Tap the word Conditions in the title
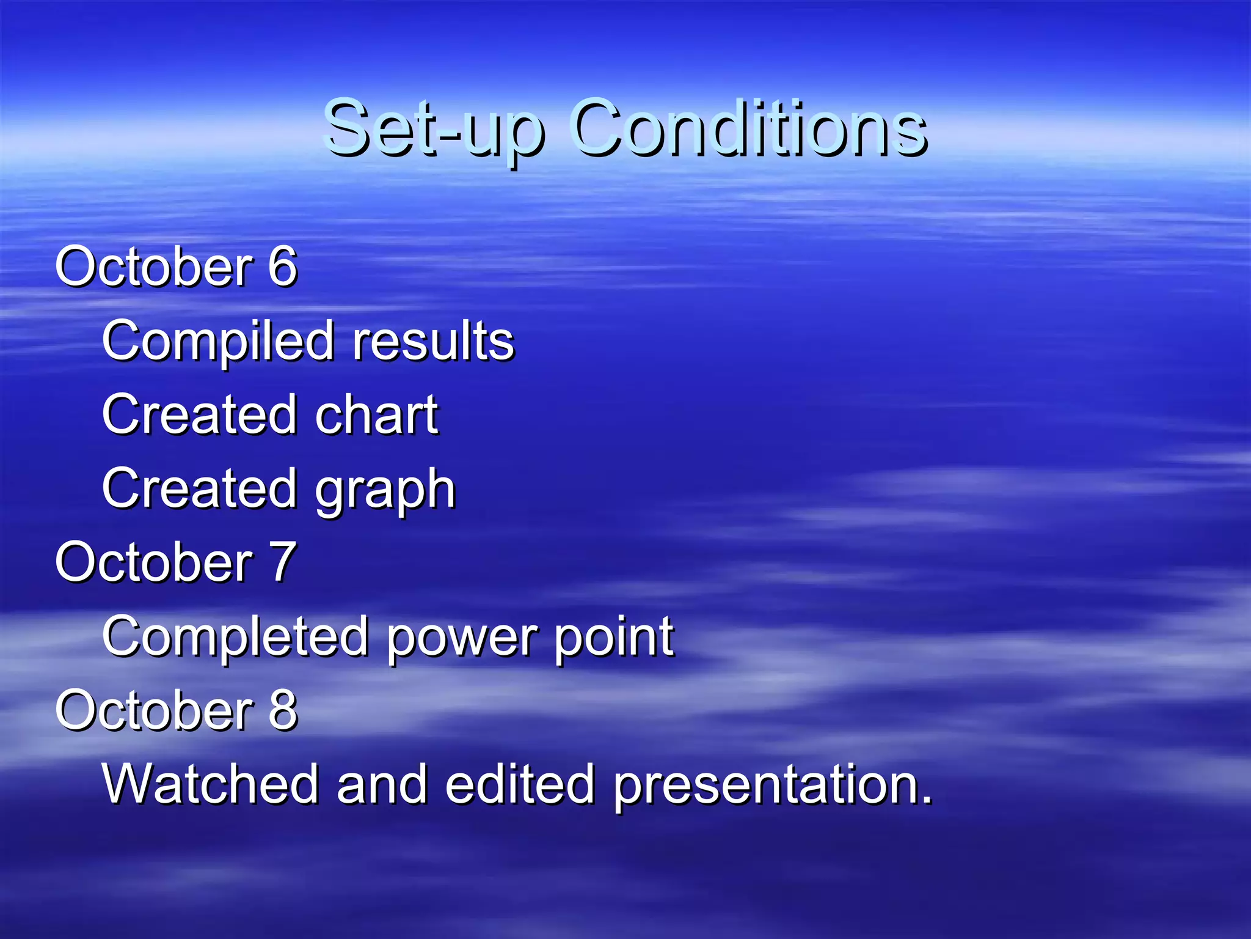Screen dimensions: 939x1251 pos(749,128)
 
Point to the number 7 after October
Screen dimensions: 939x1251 pos(282,562)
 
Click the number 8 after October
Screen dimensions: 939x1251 pos(282,710)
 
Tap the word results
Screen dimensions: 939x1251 pos(434,341)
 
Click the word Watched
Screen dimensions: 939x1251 pos(211,784)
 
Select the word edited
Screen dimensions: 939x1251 pos(519,784)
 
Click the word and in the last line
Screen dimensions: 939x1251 pos(382,784)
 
